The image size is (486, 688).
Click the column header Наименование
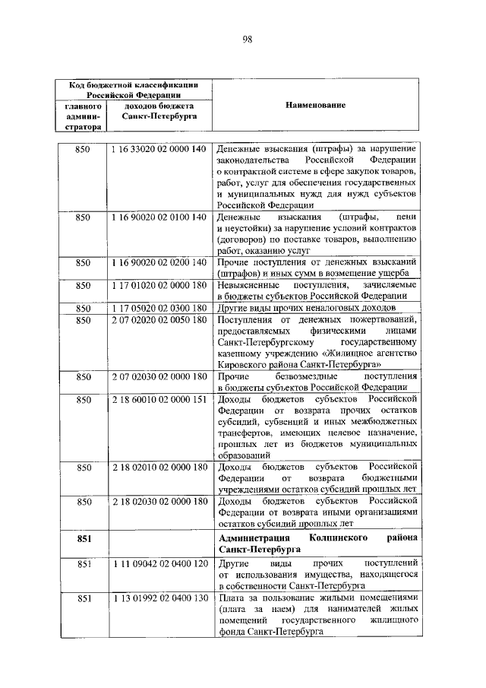pyautogui.click(x=316, y=106)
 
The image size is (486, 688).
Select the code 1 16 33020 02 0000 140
pyautogui.click(x=159, y=148)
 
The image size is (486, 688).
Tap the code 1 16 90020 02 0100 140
pyautogui.click(x=159, y=217)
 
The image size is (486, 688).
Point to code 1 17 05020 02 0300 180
pyautogui.click(x=159, y=308)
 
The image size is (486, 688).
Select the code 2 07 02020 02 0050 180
pyautogui.click(x=159, y=319)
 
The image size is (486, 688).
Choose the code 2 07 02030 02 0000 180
pyautogui.click(x=159, y=376)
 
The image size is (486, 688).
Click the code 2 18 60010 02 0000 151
pyautogui.click(x=159, y=399)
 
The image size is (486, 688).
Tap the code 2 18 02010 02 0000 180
pyautogui.click(x=159, y=467)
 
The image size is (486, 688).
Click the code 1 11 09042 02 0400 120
pyautogui.click(x=159, y=565)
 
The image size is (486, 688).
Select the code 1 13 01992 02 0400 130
pyautogui.click(x=159, y=599)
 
